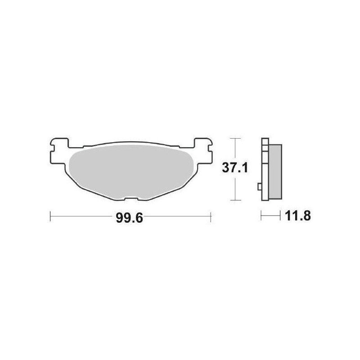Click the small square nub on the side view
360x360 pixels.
click(x=258, y=186)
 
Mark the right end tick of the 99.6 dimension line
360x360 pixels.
click(x=211, y=217)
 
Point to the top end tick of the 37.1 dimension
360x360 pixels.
click(x=233, y=138)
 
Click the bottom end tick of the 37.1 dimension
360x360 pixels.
click(x=233, y=200)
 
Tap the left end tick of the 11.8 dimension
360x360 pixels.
click(x=261, y=217)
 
